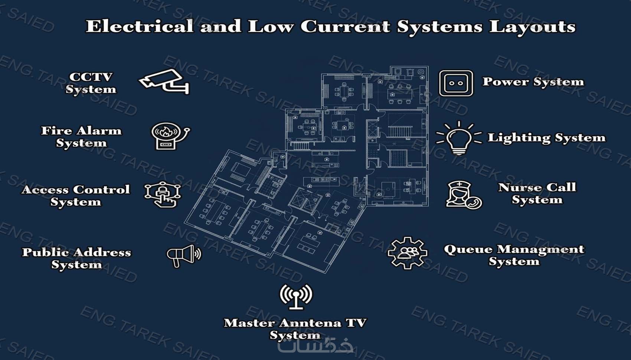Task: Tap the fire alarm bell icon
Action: [x=170, y=136]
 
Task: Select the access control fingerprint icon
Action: [x=163, y=194]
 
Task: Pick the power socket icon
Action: [x=456, y=83]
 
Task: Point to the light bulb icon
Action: [x=459, y=138]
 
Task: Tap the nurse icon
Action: [x=464, y=195]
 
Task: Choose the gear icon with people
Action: [x=407, y=253]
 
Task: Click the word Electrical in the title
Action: [x=140, y=26]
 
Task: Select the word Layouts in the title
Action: [x=532, y=27]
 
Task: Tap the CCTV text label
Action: [x=91, y=77]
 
